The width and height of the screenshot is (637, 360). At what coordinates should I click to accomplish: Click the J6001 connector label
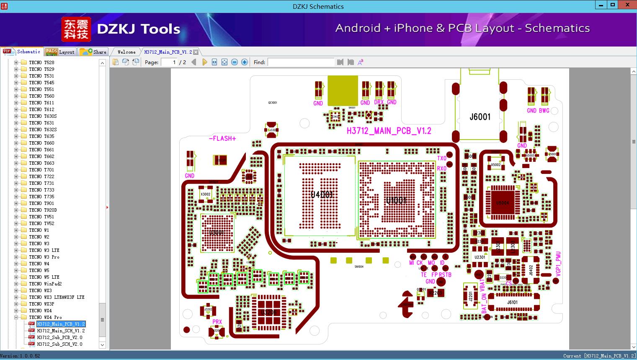[480, 117]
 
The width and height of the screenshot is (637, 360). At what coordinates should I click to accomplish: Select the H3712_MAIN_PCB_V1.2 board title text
[389, 131]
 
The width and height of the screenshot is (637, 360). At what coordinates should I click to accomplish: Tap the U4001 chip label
[322, 194]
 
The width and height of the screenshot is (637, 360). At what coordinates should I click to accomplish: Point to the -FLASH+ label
[222, 138]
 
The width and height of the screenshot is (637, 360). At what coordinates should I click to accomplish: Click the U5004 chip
[502, 203]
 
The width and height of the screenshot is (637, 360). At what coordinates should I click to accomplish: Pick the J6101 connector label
[512, 302]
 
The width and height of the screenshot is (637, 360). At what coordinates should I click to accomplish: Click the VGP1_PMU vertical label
[558, 264]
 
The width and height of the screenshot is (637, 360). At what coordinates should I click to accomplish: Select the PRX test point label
[217, 322]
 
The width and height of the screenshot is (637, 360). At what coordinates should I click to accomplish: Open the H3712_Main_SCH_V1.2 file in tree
[61, 331]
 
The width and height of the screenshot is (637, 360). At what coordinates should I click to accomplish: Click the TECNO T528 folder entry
[41, 62]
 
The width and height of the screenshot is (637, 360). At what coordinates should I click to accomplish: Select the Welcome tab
[126, 52]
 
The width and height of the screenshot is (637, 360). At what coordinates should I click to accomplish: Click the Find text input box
[301, 62]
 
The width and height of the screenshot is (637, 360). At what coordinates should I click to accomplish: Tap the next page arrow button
[204, 62]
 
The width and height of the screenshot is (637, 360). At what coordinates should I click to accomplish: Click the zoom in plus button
[245, 62]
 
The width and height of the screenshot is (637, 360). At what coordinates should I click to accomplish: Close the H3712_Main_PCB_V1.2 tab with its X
[196, 52]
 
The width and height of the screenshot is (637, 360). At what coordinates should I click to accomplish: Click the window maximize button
[613, 5]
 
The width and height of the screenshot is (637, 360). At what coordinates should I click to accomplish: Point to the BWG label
[544, 111]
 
